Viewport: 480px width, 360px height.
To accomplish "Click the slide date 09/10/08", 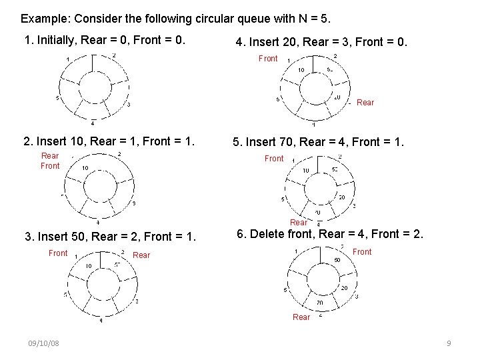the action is click(43, 343).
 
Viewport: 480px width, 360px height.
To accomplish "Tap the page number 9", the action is click(449, 343).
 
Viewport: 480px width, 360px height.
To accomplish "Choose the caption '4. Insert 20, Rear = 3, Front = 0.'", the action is click(321, 43).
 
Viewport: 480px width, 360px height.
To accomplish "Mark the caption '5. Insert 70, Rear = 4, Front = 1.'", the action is click(317, 141).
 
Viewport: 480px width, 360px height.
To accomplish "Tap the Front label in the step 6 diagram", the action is click(362, 251).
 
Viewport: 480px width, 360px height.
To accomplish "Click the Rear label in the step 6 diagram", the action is click(301, 317).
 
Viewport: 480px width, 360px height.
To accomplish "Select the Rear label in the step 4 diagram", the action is click(365, 103).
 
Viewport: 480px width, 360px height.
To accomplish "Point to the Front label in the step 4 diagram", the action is click(268, 59).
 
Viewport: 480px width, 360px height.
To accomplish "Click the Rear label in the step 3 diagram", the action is click(142, 255).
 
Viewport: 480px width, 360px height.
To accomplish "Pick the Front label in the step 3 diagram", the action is click(58, 253).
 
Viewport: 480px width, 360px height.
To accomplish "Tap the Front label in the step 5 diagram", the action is click(274, 159).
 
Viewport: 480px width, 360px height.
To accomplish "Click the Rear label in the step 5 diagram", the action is click(299, 223).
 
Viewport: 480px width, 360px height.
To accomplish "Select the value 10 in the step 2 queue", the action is click(85, 168).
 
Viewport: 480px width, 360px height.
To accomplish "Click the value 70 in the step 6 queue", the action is click(319, 302).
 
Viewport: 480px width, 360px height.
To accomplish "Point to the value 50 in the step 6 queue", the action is click(337, 259).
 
